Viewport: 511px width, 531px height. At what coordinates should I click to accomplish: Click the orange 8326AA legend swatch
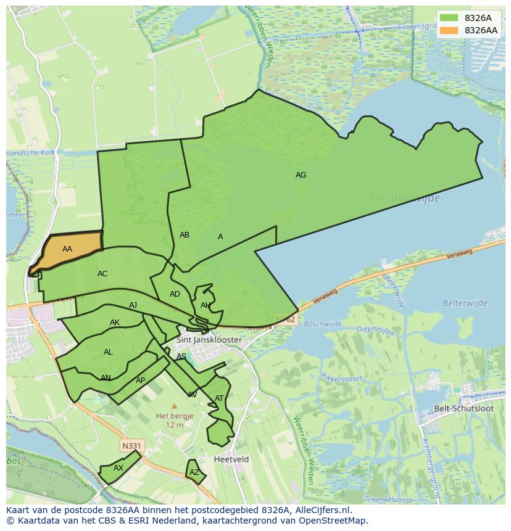(449, 30)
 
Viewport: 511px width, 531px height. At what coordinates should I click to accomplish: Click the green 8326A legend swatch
(449, 18)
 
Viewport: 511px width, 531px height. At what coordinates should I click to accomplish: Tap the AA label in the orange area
(67, 249)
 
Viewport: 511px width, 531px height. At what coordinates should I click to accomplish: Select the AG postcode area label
(301, 175)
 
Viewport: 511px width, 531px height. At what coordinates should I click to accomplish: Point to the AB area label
(185, 235)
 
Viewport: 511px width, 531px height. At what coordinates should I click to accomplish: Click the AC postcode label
(102, 274)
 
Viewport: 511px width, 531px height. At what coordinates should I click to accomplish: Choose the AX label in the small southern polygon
(118, 468)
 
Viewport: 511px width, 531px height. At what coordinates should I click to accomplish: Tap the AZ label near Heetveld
(194, 473)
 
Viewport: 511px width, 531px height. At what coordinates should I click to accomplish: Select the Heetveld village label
(231, 459)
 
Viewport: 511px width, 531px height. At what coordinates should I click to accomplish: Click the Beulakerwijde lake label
(404, 198)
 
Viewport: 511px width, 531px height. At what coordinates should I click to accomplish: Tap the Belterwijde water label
(465, 303)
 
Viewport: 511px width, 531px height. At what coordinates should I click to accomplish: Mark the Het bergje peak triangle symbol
(174, 406)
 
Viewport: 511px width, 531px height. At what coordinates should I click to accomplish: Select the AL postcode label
(108, 352)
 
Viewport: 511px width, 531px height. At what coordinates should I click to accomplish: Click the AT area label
(219, 398)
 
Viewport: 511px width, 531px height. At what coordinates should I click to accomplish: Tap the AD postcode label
(175, 294)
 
